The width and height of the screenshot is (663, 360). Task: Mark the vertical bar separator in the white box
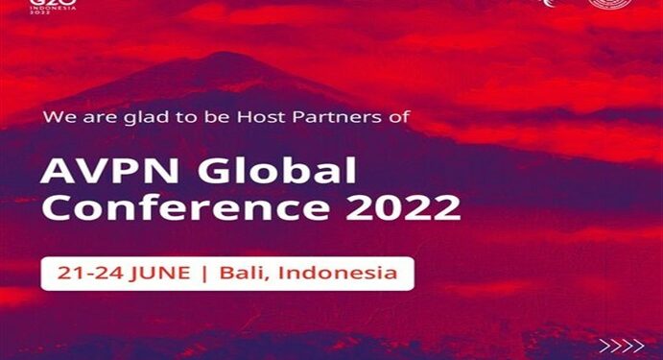coord(205,273)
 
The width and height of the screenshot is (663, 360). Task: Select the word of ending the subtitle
coord(400,118)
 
